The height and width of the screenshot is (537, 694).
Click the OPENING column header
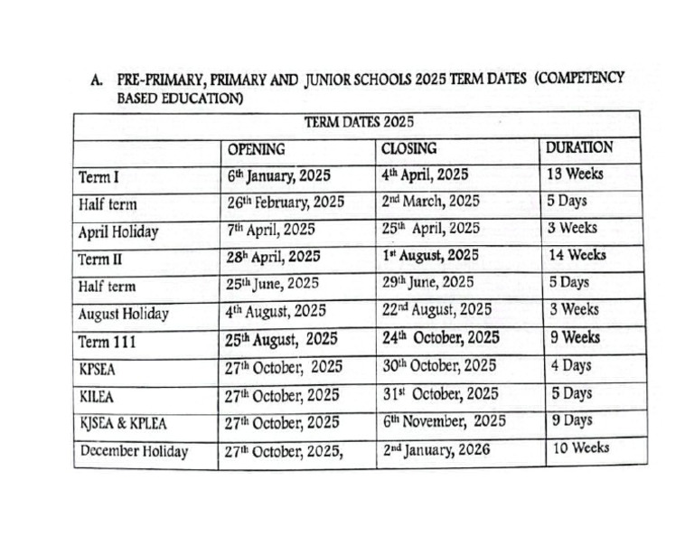point(256,148)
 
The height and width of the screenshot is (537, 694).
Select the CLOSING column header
point(408,147)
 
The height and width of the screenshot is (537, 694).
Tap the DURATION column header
point(579,146)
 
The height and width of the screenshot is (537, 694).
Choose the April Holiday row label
point(117,231)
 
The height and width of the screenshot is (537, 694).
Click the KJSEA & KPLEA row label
point(123,423)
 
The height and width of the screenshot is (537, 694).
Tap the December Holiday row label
point(134,451)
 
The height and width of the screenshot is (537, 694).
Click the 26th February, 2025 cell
point(286,203)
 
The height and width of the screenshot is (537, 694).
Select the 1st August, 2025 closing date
point(430,255)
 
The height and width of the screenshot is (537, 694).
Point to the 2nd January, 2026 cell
point(436,449)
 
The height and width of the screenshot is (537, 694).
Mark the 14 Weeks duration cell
point(577,255)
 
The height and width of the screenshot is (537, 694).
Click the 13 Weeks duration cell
point(575,174)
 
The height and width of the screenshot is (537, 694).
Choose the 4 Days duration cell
point(571,365)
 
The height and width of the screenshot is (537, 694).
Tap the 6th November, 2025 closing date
point(444,421)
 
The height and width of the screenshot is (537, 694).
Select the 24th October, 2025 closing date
point(441,338)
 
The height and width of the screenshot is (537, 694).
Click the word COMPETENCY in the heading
point(578,79)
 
